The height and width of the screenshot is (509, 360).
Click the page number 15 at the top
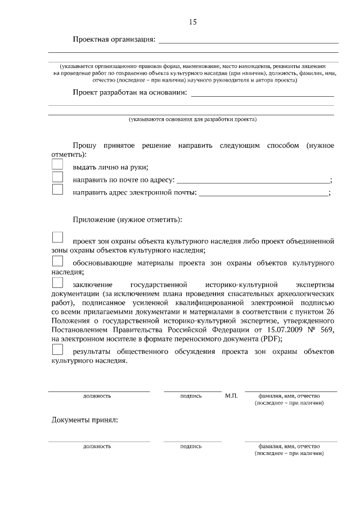point(192,22)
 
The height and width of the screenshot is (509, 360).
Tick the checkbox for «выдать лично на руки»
point(57,164)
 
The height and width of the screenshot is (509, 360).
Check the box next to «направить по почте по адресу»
point(57,177)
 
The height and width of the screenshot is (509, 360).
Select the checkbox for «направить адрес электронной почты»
point(57,190)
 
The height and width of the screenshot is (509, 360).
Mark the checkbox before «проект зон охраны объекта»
point(57,237)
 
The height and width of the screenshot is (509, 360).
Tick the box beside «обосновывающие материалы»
point(57,261)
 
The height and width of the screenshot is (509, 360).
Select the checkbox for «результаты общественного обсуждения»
point(57,349)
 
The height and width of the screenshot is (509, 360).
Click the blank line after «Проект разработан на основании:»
point(263,96)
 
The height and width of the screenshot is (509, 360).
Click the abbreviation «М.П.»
point(231,396)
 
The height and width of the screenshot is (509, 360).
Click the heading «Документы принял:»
point(84,420)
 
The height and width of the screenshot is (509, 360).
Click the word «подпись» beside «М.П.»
point(191,396)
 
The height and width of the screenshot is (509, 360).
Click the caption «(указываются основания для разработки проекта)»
point(192,119)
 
